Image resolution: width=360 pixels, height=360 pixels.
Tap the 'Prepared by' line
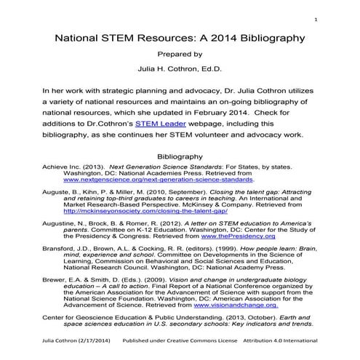179,54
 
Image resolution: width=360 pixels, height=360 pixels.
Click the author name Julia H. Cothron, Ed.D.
179,70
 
